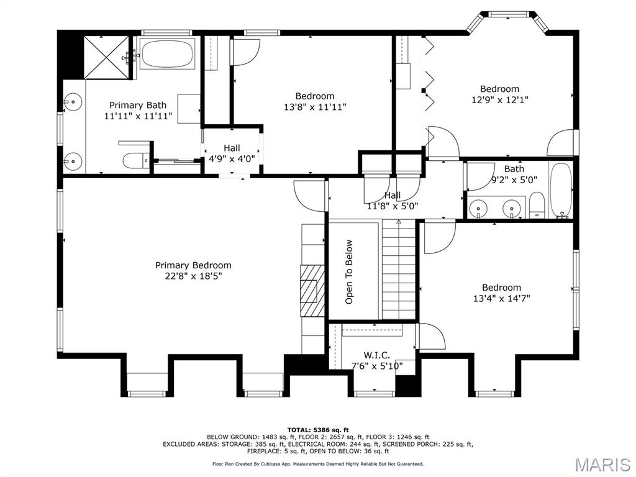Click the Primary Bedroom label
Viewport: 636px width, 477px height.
(193, 265)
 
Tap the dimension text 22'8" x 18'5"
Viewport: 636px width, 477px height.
(193, 276)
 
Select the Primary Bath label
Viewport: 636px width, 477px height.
(138, 106)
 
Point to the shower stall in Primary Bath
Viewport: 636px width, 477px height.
(106, 57)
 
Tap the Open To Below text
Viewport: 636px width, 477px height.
(349, 271)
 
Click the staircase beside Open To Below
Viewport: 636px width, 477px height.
(398, 270)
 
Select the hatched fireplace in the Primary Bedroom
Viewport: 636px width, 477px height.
(312, 291)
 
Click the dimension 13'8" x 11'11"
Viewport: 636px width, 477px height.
(314, 107)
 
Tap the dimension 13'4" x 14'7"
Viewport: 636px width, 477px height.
(501, 298)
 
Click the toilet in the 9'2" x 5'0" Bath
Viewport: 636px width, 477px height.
(537, 206)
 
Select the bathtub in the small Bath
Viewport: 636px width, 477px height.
(560, 189)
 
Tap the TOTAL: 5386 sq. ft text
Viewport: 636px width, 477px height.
(318, 430)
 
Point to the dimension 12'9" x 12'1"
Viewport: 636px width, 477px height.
(500, 99)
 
